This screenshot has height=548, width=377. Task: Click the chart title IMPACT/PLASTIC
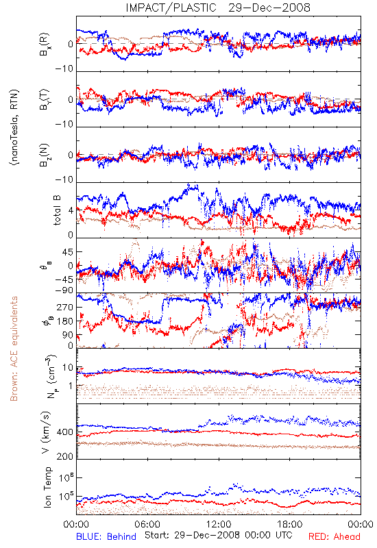point(171,8)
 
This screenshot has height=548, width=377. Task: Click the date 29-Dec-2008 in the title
point(269,8)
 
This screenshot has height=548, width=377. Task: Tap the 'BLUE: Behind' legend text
point(106,536)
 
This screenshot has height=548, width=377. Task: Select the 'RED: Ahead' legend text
point(334,536)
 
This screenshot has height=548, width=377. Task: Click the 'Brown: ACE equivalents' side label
point(14,349)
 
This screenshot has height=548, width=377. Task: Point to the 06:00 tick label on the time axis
point(147,524)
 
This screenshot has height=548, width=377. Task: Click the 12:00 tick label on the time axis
point(219,524)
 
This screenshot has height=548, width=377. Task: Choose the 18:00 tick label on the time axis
point(290,524)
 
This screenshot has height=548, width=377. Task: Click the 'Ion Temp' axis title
point(48,487)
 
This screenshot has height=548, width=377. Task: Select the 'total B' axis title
point(57,210)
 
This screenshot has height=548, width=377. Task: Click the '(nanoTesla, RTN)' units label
point(14,127)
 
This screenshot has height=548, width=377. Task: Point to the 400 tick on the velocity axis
point(65,432)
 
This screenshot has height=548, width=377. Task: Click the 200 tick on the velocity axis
point(65,456)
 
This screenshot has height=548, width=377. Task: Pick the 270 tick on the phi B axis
point(65,307)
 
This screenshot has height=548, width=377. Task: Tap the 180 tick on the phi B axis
point(65,321)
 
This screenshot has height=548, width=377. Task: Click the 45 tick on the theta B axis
point(68,251)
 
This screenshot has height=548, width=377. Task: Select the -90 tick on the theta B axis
point(64,290)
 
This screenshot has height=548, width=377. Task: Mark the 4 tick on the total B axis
point(71,210)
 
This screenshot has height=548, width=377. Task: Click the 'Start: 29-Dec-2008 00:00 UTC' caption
point(219,535)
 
